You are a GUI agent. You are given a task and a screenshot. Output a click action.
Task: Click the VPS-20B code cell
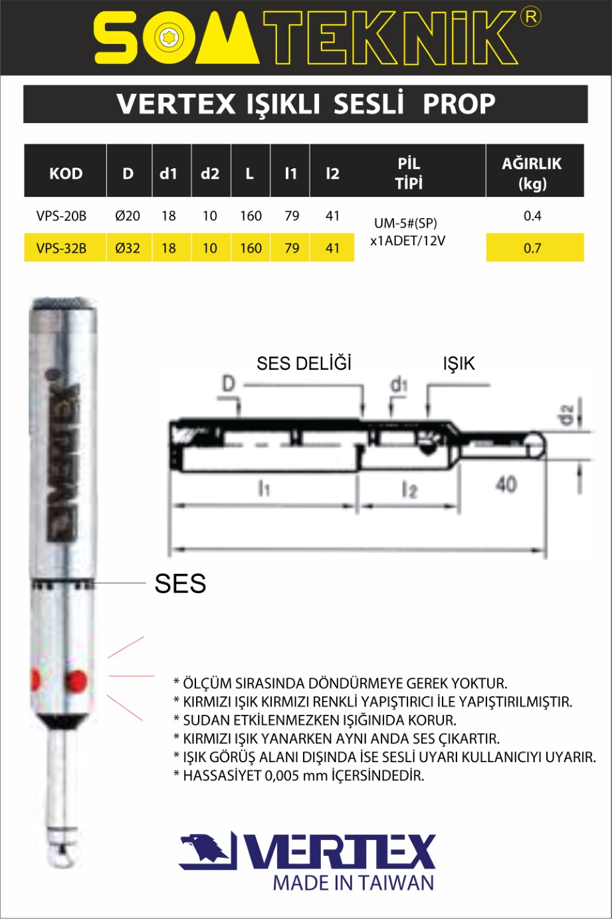click(62, 216)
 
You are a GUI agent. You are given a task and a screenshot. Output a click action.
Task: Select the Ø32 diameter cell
click(128, 248)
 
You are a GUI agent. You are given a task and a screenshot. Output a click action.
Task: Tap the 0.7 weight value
click(532, 248)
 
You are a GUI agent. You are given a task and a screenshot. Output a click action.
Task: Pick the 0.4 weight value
click(532, 216)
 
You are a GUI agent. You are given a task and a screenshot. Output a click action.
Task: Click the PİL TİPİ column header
click(409, 174)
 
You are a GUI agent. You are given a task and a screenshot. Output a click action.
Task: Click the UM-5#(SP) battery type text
click(406, 223)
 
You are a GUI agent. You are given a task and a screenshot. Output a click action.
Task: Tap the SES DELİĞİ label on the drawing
click(304, 363)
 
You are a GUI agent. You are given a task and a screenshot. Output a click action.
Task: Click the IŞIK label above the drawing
click(459, 364)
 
